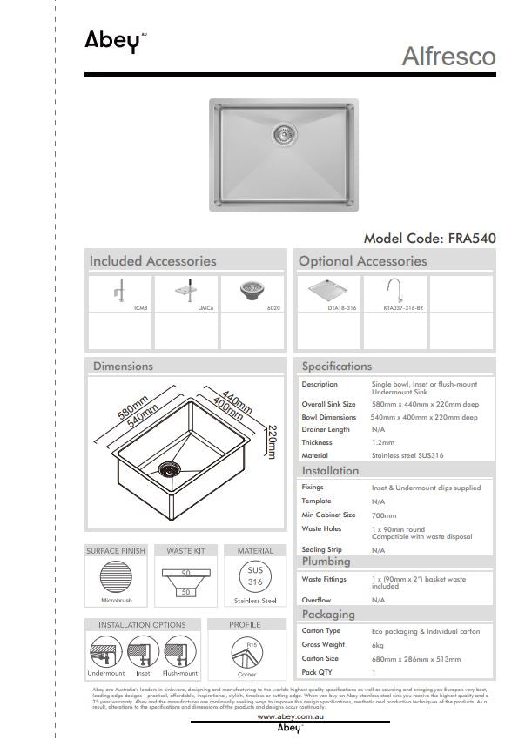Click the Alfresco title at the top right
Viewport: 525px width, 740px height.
coord(448,57)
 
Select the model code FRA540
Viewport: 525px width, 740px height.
coord(429,237)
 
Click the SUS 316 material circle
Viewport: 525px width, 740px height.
coord(255,575)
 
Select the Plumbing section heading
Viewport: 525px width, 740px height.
coord(326,562)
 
